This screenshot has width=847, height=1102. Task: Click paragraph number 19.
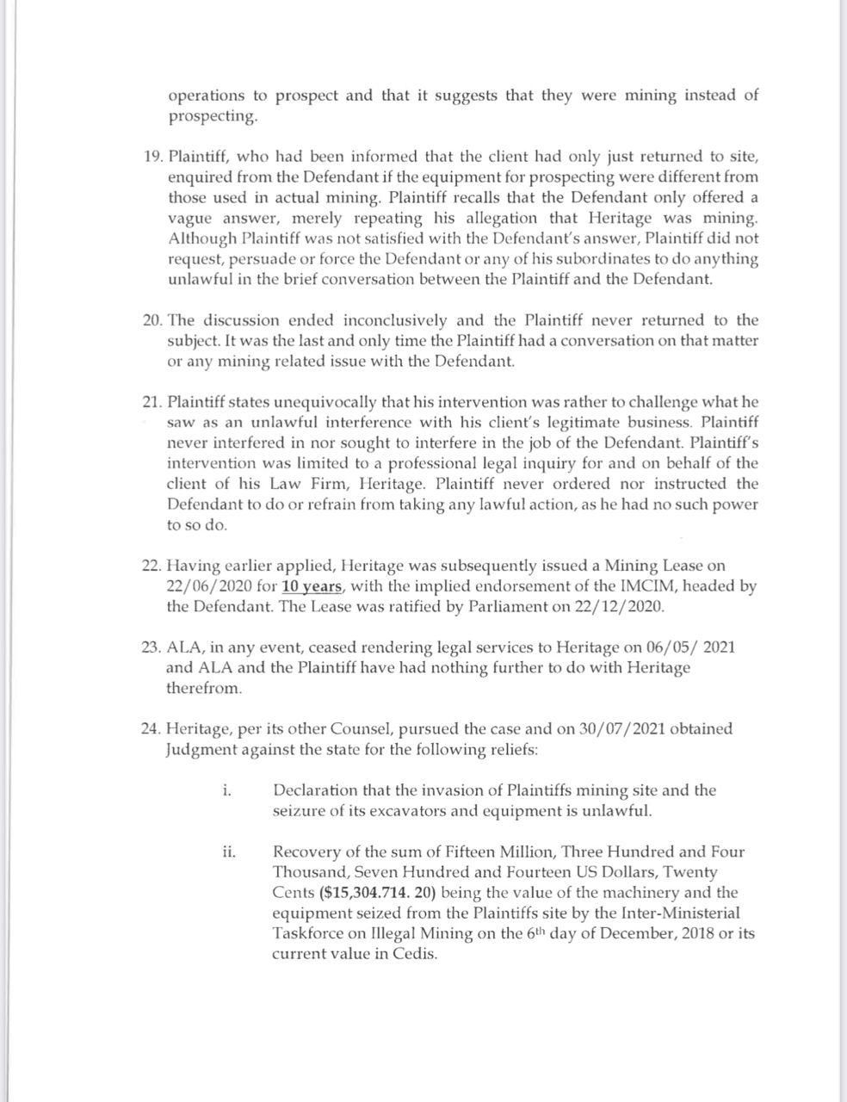(152, 157)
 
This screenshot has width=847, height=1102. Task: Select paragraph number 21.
(152, 402)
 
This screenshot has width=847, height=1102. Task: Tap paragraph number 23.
(152, 647)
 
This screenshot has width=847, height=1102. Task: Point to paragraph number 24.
(151, 729)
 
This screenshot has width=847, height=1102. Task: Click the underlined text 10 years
(313, 586)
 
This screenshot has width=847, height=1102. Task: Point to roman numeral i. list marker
(226, 790)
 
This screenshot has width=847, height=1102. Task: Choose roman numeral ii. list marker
(229, 852)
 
